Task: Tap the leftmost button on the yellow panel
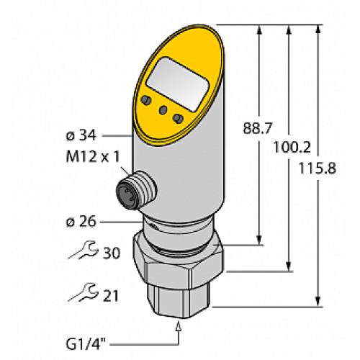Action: point(145,99)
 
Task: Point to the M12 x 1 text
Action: point(90,158)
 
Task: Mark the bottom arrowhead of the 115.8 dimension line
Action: point(318,300)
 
